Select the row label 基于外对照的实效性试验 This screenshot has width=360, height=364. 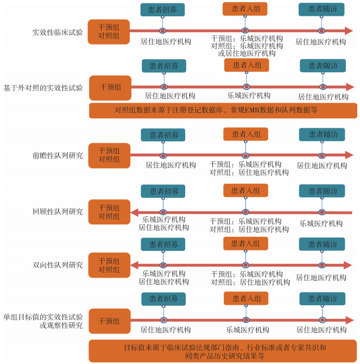43,87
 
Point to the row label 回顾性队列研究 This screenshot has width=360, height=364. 58,211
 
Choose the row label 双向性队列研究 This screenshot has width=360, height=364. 58,265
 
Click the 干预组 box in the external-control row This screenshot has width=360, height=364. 110,87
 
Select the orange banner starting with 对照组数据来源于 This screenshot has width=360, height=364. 223,110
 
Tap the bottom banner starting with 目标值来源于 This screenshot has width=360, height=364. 223,351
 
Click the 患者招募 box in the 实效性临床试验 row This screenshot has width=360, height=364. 162,10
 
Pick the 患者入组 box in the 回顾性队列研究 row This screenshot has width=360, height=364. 245,191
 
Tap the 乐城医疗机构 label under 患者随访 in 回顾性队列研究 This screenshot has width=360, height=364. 321,223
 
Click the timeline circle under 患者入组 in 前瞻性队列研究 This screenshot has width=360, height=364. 245,156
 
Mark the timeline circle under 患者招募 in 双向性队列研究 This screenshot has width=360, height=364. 163,265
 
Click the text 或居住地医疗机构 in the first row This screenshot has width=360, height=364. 247,53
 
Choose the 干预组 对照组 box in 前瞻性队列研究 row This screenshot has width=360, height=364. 109,155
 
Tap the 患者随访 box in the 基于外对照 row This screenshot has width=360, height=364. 322,65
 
